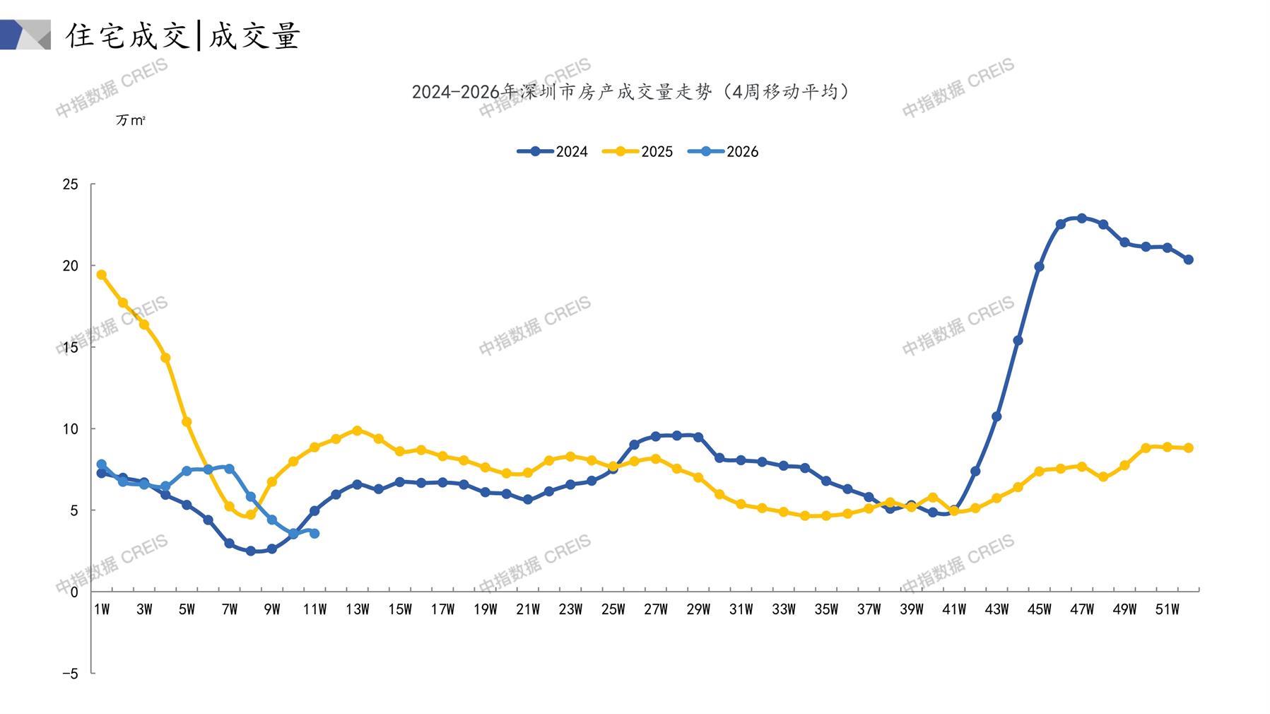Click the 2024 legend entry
(x=553, y=151)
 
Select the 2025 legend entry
(x=637, y=151)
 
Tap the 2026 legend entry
(x=723, y=151)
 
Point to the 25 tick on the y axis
(x=71, y=185)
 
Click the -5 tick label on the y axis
(x=70, y=674)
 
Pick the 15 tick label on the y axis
(x=71, y=347)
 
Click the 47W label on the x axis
(x=1081, y=609)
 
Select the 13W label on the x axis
(x=357, y=609)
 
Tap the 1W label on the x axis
(x=102, y=609)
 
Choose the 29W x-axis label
(x=698, y=609)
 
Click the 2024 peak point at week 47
(x=1081, y=218)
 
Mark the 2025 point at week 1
(x=102, y=275)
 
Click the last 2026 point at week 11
(x=314, y=533)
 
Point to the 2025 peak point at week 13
(x=357, y=431)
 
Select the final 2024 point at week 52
(x=1188, y=259)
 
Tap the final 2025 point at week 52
(x=1188, y=447)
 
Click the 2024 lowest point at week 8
(x=250, y=551)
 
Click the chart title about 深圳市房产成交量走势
(x=630, y=92)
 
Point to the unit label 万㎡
(x=130, y=121)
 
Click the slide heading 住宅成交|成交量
(x=184, y=35)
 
